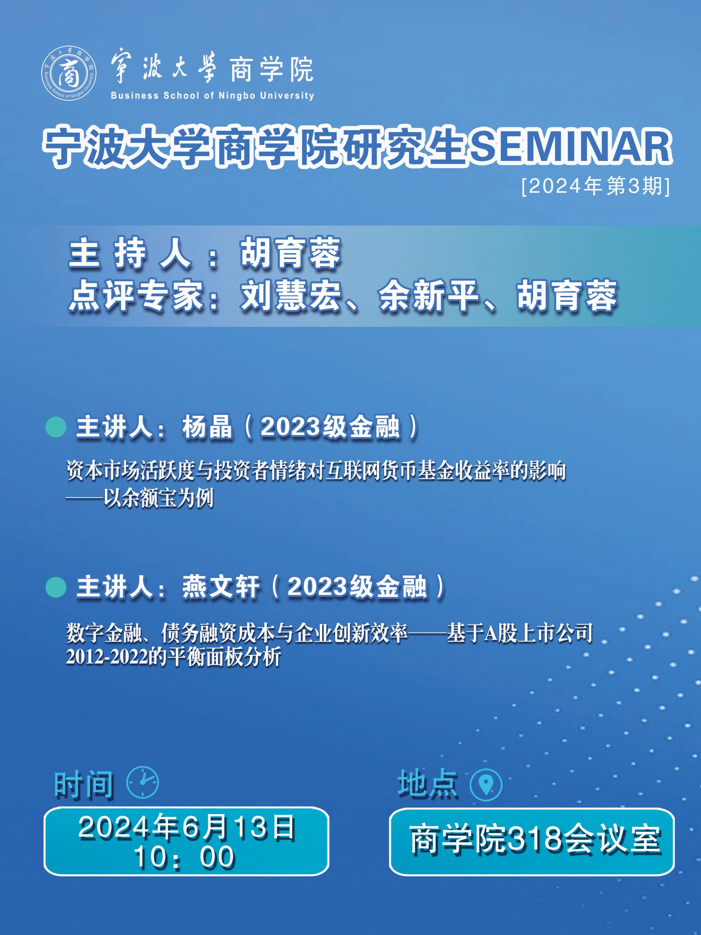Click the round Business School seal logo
point(68,74)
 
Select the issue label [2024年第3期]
point(596,186)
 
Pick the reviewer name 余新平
point(429,296)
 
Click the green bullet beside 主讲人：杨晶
point(56,427)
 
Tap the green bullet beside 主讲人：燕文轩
point(56,588)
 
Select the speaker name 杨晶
point(207,427)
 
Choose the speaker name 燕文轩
point(220,588)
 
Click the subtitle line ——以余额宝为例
point(139,498)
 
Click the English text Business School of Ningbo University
point(212,96)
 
